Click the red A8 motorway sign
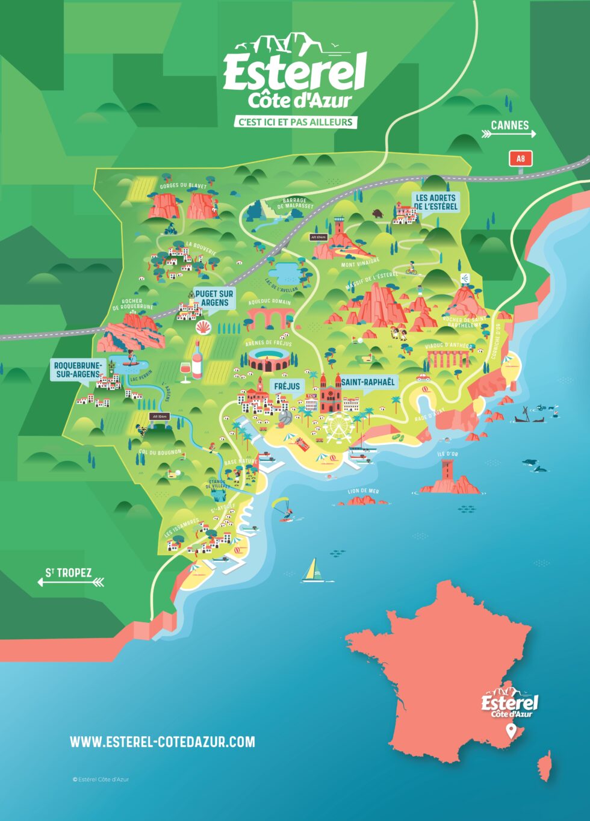point(521,159)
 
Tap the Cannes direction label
point(509,126)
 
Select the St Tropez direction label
point(69,572)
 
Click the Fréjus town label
point(287,386)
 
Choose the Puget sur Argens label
point(214,298)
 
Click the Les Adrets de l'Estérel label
point(436,202)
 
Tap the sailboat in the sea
point(311,570)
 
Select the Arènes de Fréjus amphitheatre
point(269,359)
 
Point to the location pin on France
point(511,731)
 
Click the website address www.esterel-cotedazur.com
point(163,742)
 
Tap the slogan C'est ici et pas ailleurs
point(295,122)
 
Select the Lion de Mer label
point(364,491)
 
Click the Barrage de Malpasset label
point(295,203)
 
